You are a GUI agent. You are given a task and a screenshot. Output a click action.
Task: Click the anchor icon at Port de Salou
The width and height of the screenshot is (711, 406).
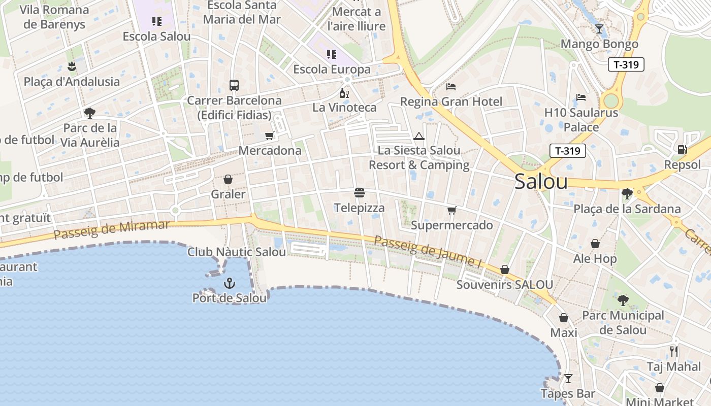tap(230, 282)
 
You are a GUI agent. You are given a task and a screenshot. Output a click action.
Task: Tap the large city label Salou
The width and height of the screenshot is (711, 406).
tap(541, 182)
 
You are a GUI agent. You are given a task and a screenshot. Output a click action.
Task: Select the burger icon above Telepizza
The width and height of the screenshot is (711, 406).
tap(360, 193)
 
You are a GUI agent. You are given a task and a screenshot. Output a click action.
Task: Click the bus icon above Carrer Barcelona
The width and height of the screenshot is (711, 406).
tap(234, 85)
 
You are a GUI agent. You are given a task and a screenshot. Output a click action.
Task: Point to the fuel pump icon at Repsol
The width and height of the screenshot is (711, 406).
tap(682, 150)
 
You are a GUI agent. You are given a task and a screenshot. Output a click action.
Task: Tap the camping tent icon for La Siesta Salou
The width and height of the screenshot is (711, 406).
tap(418, 136)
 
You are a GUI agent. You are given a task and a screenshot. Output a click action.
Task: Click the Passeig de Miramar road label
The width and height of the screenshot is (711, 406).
tap(112, 229)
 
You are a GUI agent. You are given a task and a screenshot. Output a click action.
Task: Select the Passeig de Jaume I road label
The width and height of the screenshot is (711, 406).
tap(428, 252)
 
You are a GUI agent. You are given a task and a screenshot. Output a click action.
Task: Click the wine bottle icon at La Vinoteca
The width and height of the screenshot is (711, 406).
tap(344, 93)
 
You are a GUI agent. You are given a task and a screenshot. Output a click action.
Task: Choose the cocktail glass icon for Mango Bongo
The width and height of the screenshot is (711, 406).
tap(599, 29)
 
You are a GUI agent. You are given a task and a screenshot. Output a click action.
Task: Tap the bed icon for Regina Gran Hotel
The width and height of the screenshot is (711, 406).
tap(451, 87)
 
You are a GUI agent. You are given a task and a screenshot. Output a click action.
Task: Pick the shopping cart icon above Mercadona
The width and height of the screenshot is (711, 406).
tap(270, 136)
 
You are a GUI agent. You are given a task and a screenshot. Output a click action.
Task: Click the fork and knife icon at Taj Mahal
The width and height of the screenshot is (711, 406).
tap(673, 352)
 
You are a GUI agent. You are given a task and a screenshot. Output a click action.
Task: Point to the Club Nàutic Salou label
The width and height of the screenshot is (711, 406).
tap(237, 252)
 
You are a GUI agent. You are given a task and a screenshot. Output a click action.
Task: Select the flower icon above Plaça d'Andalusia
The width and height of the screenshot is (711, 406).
tap(72, 66)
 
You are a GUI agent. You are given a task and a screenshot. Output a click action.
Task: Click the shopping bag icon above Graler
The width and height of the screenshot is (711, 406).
tap(228, 179)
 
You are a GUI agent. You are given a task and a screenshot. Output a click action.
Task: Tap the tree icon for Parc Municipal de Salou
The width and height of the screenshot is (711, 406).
tap(623, 300)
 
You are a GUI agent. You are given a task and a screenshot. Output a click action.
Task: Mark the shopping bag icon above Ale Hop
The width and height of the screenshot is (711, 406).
tap(595, 244)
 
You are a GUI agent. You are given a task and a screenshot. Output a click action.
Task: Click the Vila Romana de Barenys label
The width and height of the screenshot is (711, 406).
tap(54, 17)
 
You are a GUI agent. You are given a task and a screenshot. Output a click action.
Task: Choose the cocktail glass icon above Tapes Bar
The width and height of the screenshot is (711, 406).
tap(568, 379)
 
